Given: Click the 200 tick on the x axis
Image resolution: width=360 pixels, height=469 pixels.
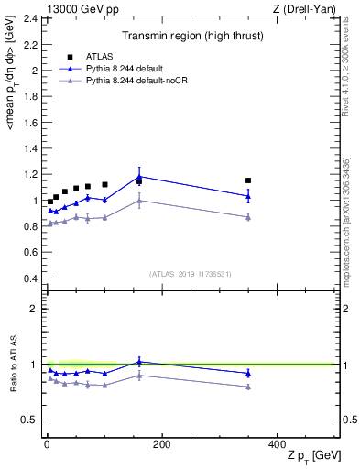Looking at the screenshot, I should (162, 444).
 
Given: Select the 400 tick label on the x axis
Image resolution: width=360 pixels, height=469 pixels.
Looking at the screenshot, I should (278, 444).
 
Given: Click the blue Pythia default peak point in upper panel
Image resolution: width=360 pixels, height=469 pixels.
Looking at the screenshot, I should (139, 176).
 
